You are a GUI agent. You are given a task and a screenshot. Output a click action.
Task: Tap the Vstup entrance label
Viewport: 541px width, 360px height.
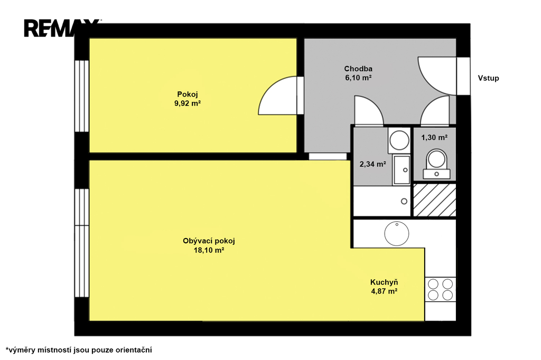point(488,78)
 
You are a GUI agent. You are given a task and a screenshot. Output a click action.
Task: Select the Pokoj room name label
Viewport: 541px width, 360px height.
point(188,94)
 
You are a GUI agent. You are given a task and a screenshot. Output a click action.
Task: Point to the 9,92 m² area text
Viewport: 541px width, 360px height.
point(188,103)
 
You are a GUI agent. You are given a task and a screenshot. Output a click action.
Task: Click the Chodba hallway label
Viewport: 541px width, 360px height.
point(358,69)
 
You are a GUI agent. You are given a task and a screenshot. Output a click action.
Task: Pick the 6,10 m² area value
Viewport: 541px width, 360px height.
point(358,78)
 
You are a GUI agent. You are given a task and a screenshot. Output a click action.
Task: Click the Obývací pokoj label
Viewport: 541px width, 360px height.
point(209,241)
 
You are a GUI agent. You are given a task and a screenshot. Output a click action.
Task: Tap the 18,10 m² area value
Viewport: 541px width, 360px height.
point(209,250)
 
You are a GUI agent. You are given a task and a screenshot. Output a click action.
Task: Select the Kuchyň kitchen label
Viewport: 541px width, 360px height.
point(384,282)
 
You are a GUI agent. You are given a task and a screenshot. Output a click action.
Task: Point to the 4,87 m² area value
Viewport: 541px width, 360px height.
point(384,291)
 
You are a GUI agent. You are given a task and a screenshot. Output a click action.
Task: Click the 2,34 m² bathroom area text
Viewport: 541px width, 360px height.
point(372,164)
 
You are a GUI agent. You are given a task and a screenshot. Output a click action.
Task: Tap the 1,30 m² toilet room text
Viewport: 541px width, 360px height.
point(434,138)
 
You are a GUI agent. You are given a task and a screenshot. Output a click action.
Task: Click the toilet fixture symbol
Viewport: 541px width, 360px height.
point(436,164)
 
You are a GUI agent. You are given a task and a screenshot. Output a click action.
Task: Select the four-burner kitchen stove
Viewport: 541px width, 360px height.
point(440,289)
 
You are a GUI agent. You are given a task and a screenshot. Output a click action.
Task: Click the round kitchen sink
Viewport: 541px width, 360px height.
point(397,233)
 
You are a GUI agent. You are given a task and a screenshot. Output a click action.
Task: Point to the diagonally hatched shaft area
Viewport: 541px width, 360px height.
point(435,200)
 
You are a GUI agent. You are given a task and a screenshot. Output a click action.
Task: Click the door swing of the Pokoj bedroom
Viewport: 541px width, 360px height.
point(269,90)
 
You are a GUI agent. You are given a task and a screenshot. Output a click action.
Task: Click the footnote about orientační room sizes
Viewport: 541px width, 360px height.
point(79,350)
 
